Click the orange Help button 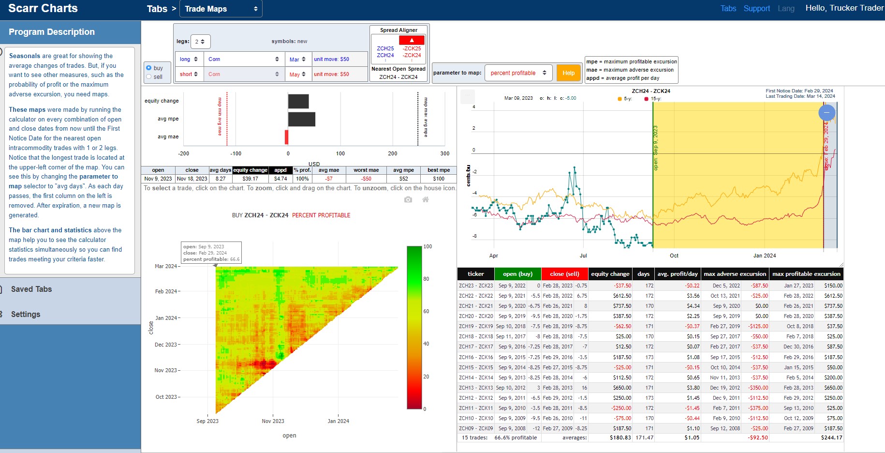[x=568, y=73]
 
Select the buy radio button [x=149, y=68]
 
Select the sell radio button [x=149, y=76]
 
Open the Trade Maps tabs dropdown [x=221, y=9]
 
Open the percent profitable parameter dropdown [x=518, y=73]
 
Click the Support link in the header [x=756, y=8]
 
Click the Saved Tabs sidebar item [x=31, y=289]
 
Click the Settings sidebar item [x=26, y=315]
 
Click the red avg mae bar [x=286, y=137]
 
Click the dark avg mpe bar [x=302, y=119]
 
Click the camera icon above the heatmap [x=408, y=199]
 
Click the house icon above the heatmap [x=426, y=199]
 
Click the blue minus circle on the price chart [x=827, y=113]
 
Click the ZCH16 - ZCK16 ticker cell [x=476, y=357]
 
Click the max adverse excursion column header [x=735, y=274]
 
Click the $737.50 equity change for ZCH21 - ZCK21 [x=622, y=306]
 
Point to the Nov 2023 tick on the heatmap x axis [x=273, y=415]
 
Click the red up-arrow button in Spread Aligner [x=412, y=40]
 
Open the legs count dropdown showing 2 [x=200, y=42]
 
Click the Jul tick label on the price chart [x=583, y=256]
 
